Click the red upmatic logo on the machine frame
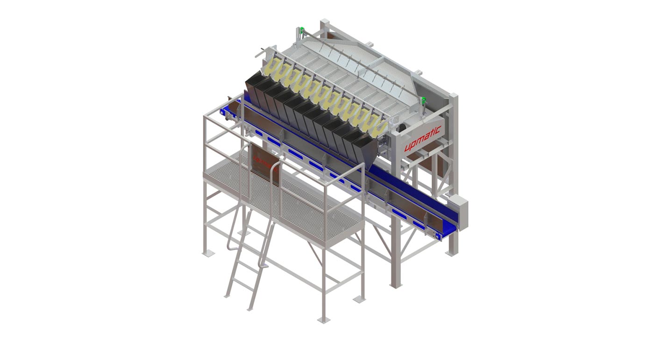(422, 139)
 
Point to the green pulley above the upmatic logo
(424, 100)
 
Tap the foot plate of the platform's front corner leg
(323, 320)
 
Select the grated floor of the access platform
(299, 205)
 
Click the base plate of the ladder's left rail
(228, 296)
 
